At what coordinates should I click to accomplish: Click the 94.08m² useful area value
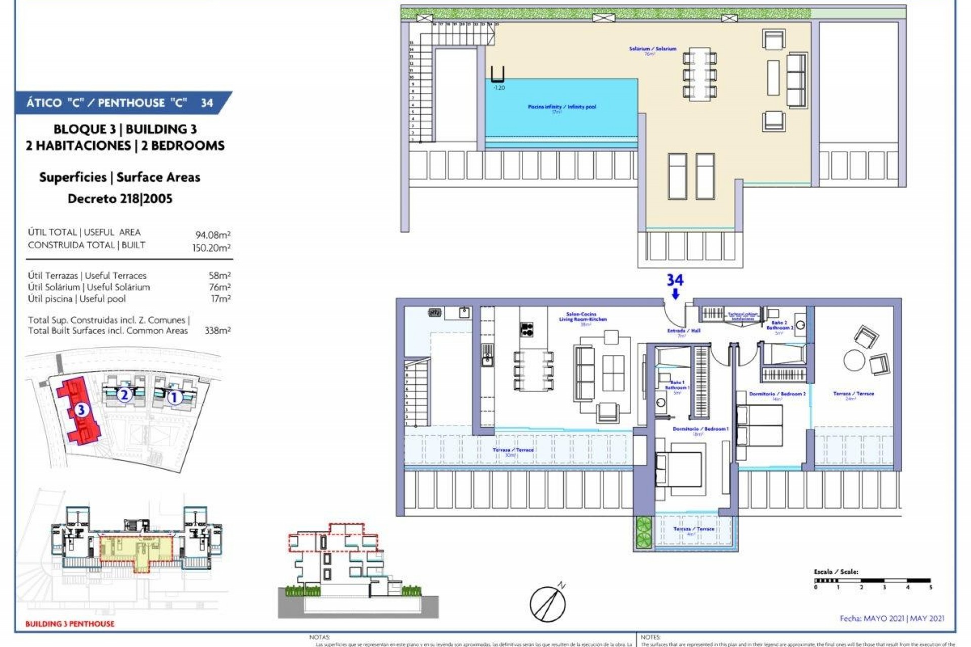tap(213, 235)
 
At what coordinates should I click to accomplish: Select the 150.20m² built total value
tap(211, 248)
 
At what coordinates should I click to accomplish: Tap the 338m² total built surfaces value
tap(217, 331)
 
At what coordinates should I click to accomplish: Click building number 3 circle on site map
tap(81, 410)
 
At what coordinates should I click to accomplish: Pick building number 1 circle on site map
tap(174, 397)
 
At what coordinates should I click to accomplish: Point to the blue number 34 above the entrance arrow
tap(675, 280)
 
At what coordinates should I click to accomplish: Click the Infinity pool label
tap(562, 107)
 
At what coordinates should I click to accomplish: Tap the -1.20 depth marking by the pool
tap(499, 88)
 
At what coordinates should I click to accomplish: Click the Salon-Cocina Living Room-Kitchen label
tap(583, 317)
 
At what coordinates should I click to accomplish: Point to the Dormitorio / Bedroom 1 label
tap(700, 429)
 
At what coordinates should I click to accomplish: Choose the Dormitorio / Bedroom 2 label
tap(777, 394)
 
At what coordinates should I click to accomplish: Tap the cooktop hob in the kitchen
tap(526, 329)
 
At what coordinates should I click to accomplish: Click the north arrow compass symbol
tap(548, 603)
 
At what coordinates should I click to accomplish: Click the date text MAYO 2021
tap(884, 618)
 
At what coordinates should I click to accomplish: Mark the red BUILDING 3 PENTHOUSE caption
tap(70, 624)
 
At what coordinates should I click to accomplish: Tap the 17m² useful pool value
tap(220, 299)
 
